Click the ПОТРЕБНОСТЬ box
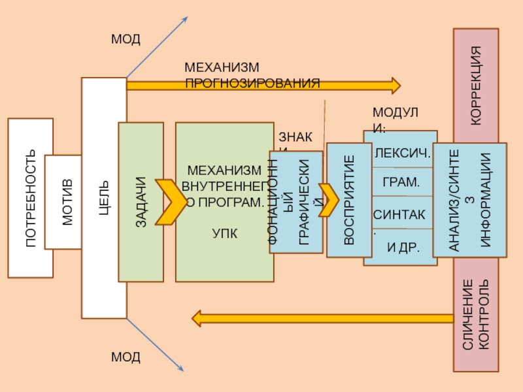tap(30, 197)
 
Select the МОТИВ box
tap(63, 202)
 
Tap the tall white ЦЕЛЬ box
tap(104, 197)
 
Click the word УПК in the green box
tap(224, 233)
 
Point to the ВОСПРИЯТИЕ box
tap(348, 199)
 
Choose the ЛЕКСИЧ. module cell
tap(401, 154)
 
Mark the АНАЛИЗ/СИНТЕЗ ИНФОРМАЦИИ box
tap(469, 199)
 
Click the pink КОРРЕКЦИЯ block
tap(476, 85)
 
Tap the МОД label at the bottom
tap(126, 357)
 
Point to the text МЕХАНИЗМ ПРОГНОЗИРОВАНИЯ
tap(252, 76)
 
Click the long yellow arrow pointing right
tap(261, 85)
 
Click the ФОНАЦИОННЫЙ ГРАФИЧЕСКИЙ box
tap(296, 203)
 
